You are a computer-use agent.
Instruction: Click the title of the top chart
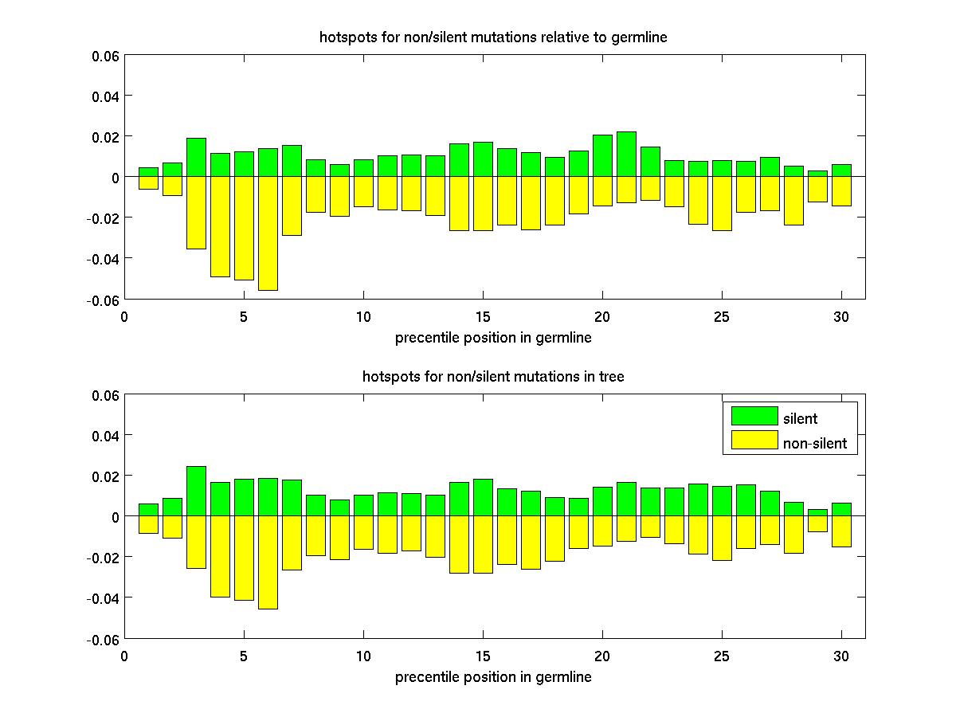493,37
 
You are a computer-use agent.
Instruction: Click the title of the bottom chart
493,376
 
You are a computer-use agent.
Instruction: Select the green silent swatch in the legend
754,416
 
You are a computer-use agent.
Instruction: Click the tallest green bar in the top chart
626,155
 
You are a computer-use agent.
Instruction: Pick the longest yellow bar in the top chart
268,233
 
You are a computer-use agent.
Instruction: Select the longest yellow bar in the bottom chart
268,562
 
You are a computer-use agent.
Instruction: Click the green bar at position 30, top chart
841,170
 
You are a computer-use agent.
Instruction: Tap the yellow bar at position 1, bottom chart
148,524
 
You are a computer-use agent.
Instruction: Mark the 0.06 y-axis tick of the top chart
105,56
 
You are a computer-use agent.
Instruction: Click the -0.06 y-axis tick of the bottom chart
104,639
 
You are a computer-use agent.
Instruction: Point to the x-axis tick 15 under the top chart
483,315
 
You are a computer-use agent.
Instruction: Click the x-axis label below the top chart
493,338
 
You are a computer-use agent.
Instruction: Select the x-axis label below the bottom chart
493,677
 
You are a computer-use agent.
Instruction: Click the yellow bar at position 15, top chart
483,203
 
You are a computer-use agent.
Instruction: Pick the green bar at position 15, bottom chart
483,498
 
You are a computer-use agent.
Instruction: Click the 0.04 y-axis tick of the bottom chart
107,435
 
